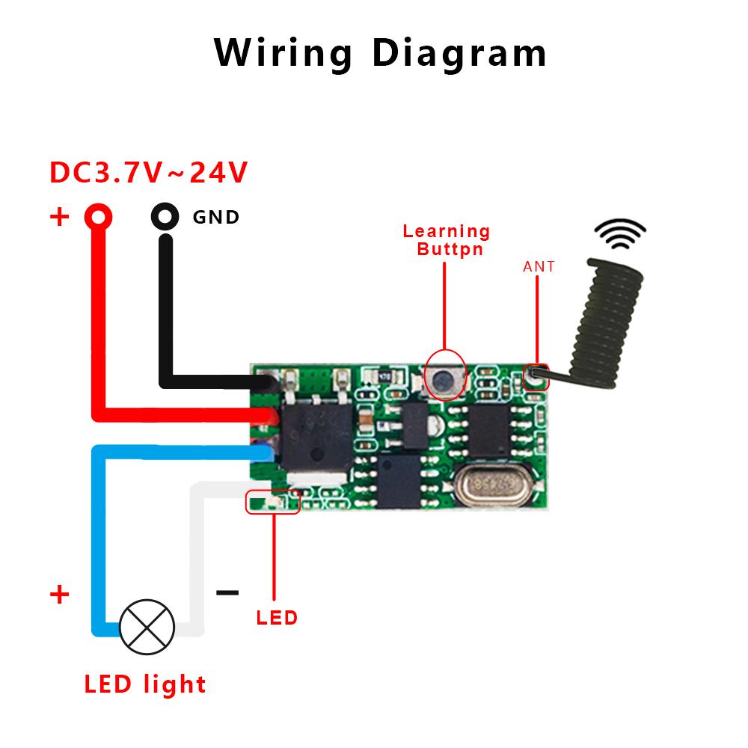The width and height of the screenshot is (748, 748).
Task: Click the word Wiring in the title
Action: pyautogui.click(x=283, y=54)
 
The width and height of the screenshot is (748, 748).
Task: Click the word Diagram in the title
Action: pyautogui.click(x=459, y=54)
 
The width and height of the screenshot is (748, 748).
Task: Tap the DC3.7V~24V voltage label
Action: pyautogui.click(x=148, y=173)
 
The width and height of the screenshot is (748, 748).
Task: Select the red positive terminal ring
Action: pyautogui.click(x=98, y=217)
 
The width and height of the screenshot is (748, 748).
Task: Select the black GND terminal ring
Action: pyautogui.click(x=165, y=217)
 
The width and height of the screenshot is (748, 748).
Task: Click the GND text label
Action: pyautogui.click(x=216, y=218)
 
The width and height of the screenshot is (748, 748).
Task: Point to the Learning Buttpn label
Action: pyautogui.click(x=447, y=240)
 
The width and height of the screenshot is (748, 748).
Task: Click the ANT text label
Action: pyautogui.click(x=539, y=266)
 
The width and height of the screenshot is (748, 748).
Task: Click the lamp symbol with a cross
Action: pyautogui.click(x=147, y=627)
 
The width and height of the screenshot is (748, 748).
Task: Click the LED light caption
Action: pyautogui.click(x=144, y=684)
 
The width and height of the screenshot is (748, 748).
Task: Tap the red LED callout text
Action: pyautogui.click(x=277, y=618)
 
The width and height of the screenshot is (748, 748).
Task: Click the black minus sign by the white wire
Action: pyautogui.click(x=227, y=593)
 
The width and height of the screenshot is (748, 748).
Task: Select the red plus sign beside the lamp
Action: pyautogui.click(x=59, y=595)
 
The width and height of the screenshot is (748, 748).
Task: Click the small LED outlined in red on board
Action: pyautogui.click(x=273, y=503)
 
